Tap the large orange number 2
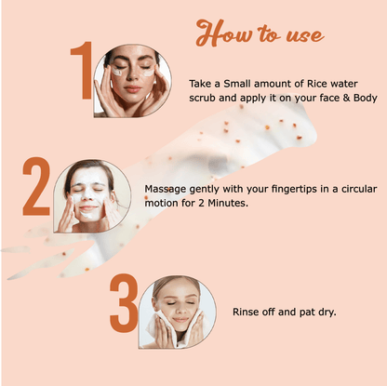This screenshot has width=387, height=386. pyautogui.click(x=36, y=186)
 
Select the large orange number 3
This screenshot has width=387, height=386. pyautogui.click(x=124, y=303)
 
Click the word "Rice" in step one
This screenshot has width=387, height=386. pyautogui.click(x=317, y=84)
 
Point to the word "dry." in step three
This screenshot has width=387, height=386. pyautogui.click(x=327, y=313)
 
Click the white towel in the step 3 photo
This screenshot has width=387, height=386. pyautogui.click(x=171, y=330)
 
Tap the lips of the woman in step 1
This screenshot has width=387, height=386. pyautogui.click(x=133, y=89)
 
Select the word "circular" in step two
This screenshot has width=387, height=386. pyautogui.click(x=359, y=189)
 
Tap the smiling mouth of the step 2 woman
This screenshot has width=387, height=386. pyautogui.click(x=88, y=208)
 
